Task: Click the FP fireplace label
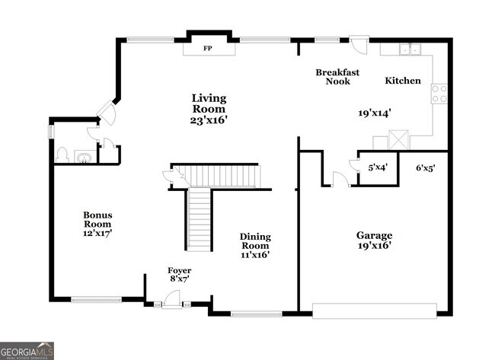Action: click(x=207, y=48)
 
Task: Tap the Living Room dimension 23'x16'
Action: click(x=209, y=120)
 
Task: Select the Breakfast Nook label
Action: click(x=337, y=77)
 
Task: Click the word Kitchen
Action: click(x=403, y=81)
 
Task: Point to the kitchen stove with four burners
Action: click(x=439, y=94)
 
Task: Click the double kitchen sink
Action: click(x=410, y=49)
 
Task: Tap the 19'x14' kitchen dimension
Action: click(x=375, y=113)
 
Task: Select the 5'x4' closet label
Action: click(x=378, y=167)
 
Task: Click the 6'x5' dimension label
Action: click(x=426, y=168)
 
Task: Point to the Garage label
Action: click(x=375, y=235)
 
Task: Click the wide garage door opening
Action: click(x=375, y=311)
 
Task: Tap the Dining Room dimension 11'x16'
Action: click(x=255, y=255)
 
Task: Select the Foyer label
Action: click(x=179, y=270)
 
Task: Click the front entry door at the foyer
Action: click(x=172, y=299)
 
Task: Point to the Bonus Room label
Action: click(x=97, y=220)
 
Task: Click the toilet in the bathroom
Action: click(x=62, y=155)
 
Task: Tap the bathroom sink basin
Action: click(x=85, y=158)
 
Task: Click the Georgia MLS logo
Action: click(x=27, y=351)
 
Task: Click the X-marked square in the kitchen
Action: click(x=398, y=140)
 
